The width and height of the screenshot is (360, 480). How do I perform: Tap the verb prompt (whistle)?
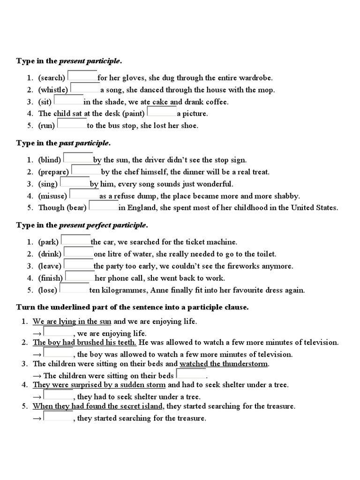(x=53, y=90)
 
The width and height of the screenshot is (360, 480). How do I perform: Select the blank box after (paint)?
(x=162, y=112)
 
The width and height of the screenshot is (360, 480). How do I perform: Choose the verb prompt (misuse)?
(x=52, y=196)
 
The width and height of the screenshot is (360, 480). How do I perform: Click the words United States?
(x=315, y=208)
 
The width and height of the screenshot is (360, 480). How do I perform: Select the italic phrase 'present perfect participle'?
(x=102, y=225)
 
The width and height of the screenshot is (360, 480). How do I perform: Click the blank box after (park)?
(x=76, y=240)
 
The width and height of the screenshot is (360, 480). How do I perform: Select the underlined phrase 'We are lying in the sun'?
(x=72, y=322)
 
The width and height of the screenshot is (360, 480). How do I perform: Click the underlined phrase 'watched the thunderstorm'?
(x=224, y=364)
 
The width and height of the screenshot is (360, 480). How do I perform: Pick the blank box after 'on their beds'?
(x=191, y=374)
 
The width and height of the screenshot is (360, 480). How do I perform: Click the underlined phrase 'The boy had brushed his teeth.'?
(x=84, y=342)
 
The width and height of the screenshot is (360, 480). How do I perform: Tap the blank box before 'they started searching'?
(x=58, y=417)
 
